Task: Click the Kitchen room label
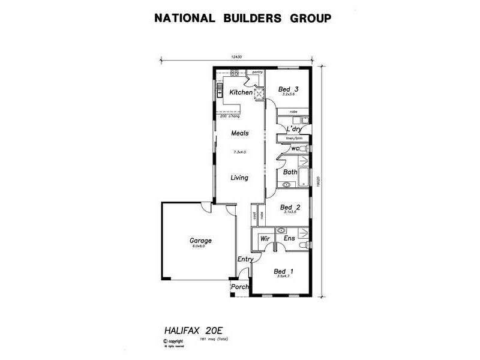point(241,92)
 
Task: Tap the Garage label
point(202,241)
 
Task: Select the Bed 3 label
point(289,89)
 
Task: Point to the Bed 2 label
point(290,208)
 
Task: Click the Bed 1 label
point(284,270)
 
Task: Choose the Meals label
point(240,133)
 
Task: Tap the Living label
point(239,178)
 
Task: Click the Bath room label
point(290,172)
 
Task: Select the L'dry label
point(293,129)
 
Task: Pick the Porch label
point(240,287)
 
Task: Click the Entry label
point(245,259)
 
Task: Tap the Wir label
point(264,239)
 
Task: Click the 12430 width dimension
point(236,57)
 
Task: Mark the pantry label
point(257,72)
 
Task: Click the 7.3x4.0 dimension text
point(240,152)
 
